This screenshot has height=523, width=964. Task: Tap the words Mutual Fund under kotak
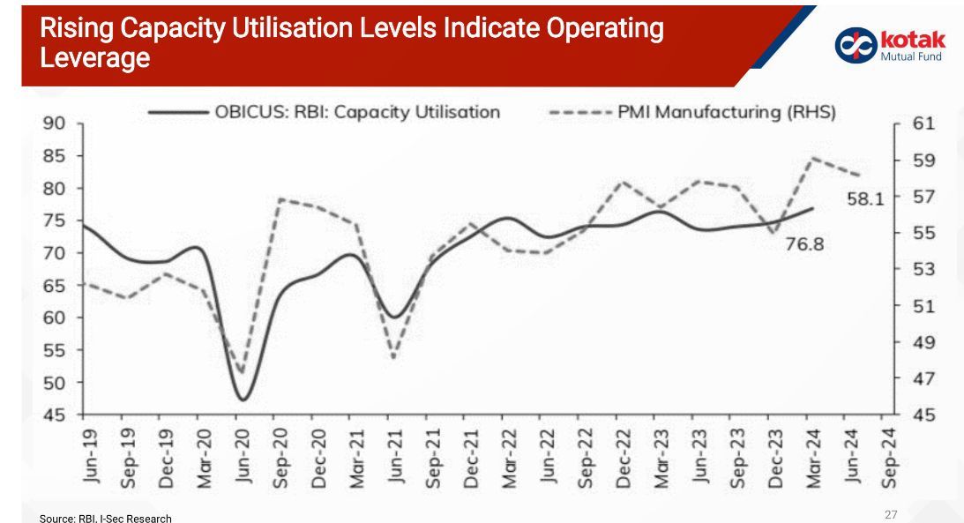(x=911, y=57)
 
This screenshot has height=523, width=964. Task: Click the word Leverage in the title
(x=95, y=59)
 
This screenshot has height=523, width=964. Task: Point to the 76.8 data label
(x=803, y=244)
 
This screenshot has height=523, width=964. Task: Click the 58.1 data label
(x=865, y=199)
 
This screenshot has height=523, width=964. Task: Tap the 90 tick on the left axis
(x=55, y=123)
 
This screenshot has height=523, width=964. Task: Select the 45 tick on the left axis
(x=55, y=415)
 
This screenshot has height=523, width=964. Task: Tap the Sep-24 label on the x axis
(x=890, y=456)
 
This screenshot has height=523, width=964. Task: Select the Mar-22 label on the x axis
(x=508, y=456)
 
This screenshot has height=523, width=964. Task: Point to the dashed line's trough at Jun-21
(x=393, y=357)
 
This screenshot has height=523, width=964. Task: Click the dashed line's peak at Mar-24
(x=811, y=159)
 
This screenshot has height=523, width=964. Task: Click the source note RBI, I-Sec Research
(x=106, y=518)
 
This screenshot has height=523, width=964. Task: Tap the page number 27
(x=890, y=513)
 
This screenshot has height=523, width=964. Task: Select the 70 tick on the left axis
(x=55, y=253)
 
